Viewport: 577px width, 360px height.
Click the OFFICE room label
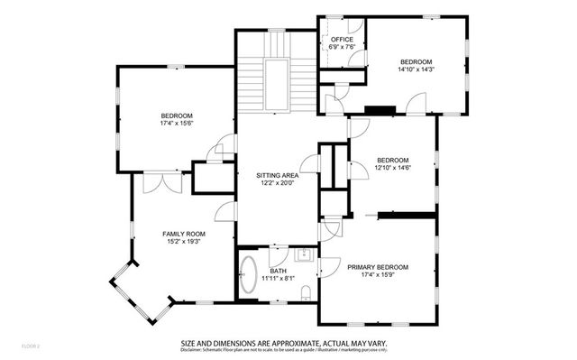coord(342,40)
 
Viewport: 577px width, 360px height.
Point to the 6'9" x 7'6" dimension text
coord(342,48)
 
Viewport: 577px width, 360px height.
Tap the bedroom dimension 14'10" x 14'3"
coord(417,69)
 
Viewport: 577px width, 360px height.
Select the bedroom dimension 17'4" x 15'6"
coord(177,124)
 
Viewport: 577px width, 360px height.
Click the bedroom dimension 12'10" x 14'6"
coord(392,168)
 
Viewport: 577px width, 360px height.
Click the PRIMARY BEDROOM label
coord(378,268)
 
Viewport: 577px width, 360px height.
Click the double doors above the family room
coord(167,180)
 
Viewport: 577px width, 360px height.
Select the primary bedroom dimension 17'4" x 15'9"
coord(378,276)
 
